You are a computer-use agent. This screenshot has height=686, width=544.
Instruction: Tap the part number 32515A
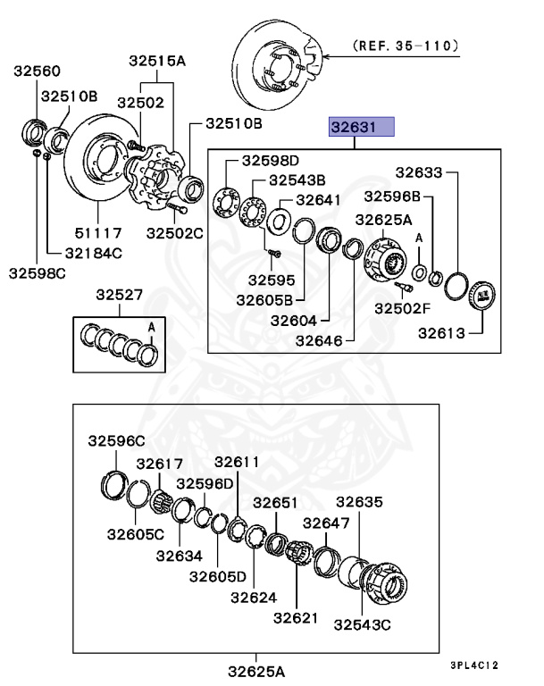[157, 62]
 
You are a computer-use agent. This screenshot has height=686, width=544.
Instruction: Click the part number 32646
[320, 339]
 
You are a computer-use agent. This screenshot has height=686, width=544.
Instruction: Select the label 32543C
[363, 624]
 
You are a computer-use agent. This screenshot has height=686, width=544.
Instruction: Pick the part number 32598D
[269, 161]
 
